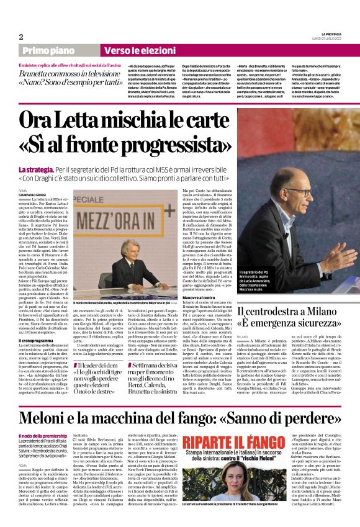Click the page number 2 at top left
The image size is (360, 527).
pyautogui.click(x=20, y=36)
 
